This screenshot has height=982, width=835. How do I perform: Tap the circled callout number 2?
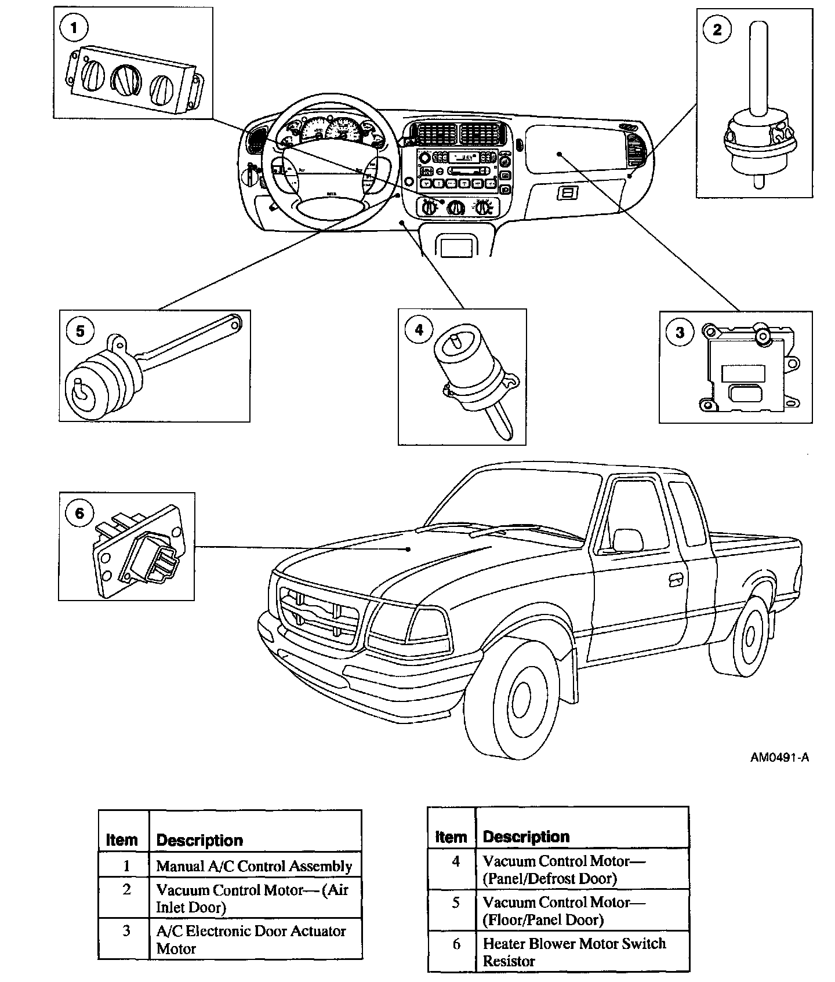(x=717, y=29)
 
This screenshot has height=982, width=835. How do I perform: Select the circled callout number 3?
(x=680, y=332)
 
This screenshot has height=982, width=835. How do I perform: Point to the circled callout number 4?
(x=419, y=330)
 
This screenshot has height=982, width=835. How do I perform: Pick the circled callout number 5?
(x=80, y=330)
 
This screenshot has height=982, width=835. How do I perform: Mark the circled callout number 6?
(x=79, y=513)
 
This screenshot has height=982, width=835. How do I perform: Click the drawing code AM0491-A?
(x=780, y=757)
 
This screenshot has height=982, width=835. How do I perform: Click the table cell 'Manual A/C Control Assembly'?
(x=254, y=866)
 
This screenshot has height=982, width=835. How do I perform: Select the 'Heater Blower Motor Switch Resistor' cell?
(x=574, y=952)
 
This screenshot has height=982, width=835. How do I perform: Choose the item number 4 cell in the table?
(x=456, y=862)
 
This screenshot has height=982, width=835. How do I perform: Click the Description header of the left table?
(x=199, y=840)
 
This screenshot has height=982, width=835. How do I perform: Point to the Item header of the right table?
(x=451, y=836)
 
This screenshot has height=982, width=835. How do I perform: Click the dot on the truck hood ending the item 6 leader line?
(x=409, y=549)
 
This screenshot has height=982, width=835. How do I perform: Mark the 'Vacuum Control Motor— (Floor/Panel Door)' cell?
(x=564, y=911)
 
